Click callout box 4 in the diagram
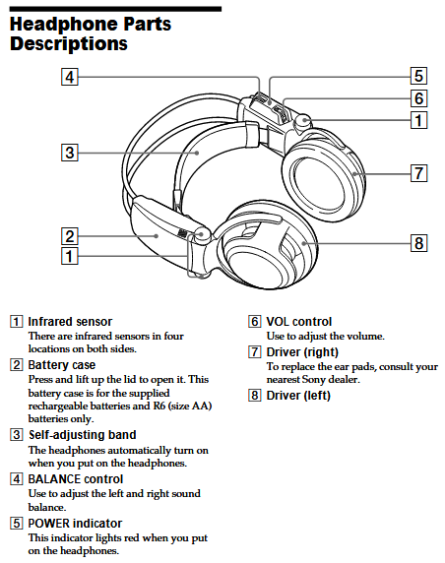[x=70, y=77]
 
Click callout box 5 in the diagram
[x=418, y=76]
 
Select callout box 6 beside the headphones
[x=418, y=98]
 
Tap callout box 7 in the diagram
[x=418, y=173]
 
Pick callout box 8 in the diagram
[x=418, y=243]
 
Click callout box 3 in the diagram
[x=70, y=153]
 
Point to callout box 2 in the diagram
[x=70, y=236]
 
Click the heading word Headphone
[x=64, y=25]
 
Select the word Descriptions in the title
[x=69, y=44]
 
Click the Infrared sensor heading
[x=70, y=321]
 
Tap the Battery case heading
[x=62, y=365]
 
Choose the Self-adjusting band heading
[x=83, y=435]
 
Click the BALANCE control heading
[x=76, y=479]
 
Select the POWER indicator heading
[x=75, y=524]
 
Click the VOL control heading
[x=299, y=321]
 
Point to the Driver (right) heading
[x=302, y=352]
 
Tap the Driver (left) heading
[x=298, y=396]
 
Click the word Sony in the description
[x=314, y=380]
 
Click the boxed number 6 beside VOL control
[x=255, y=321]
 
